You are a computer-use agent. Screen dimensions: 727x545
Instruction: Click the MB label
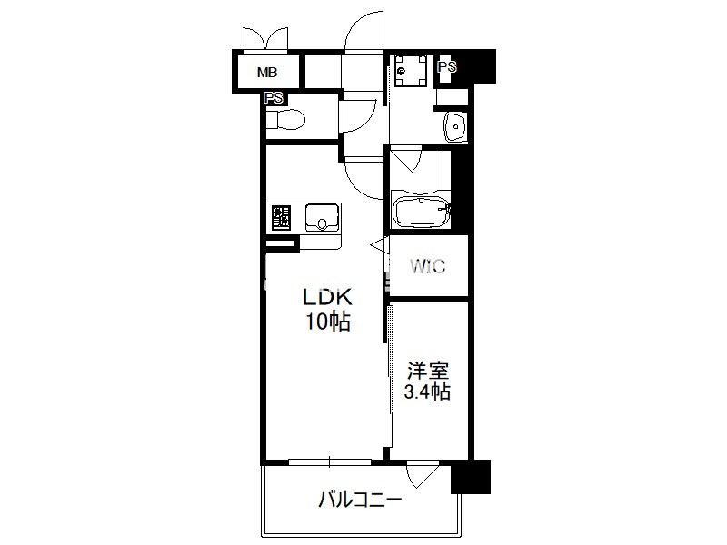[267, 73]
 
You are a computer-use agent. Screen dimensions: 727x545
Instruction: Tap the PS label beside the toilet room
[274, 98]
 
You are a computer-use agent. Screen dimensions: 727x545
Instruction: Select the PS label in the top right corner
[447, 66]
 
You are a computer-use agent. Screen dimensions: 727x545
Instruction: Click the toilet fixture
[285, 120]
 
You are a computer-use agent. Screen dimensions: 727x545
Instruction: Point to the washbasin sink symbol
[456, 126]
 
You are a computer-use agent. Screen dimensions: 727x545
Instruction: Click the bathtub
[422, 213]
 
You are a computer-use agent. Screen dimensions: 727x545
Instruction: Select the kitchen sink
[322, 218]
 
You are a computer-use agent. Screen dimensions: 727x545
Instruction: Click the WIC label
[427, 266]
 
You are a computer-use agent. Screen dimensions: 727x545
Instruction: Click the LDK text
[327, 298]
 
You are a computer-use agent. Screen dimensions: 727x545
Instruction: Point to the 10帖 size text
[327, 322]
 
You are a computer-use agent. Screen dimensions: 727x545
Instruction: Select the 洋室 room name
[428, 371]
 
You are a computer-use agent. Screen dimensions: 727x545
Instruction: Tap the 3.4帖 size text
[427, 392]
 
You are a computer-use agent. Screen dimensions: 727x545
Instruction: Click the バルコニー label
[360, 500]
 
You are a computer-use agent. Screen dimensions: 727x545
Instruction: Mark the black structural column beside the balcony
[470, 476]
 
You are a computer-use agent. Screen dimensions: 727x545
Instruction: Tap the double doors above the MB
[266, 38]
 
